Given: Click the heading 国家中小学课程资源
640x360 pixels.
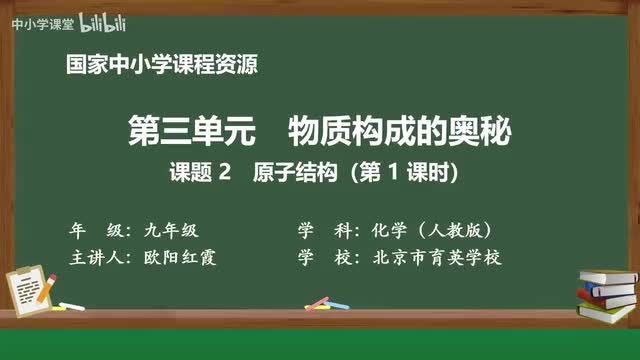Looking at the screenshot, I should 161,67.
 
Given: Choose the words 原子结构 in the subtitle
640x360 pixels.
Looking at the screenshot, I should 289,172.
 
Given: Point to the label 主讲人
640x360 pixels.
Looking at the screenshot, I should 95,256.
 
